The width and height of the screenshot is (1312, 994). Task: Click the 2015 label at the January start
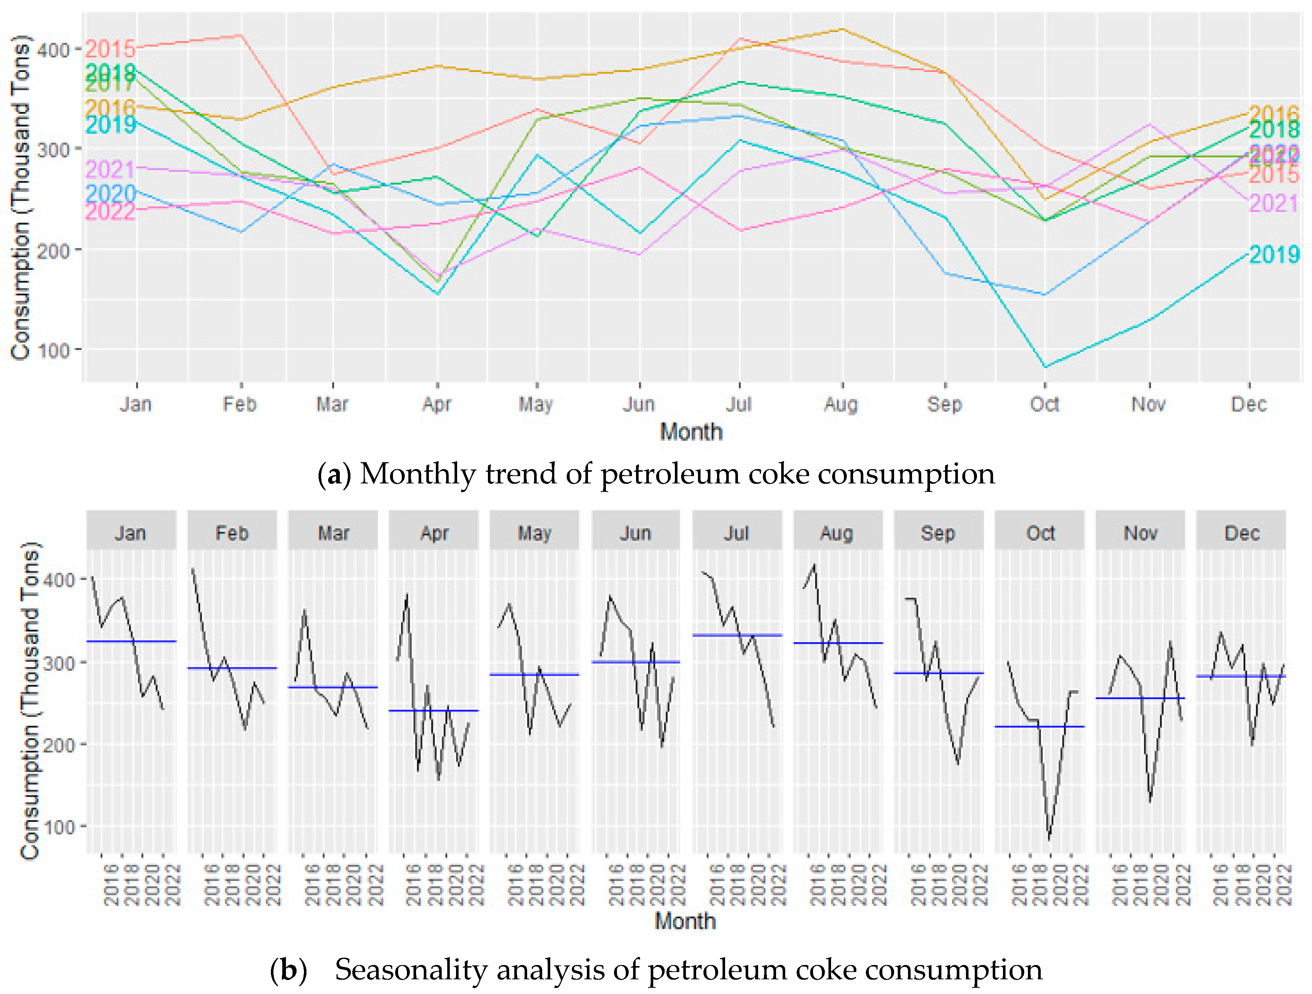pyautogui.click(x=110, y=49)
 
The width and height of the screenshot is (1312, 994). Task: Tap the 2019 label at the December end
pyautogui.click(x=1274, y=255)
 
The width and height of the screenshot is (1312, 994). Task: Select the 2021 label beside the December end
pyautogui.click(x=1274, y=204)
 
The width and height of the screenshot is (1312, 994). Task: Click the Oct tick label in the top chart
pyautogui.click(x=1044, y=405)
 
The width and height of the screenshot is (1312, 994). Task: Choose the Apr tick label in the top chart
pyautogui.click(x=437, y=405)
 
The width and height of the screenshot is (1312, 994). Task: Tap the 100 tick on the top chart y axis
pyautogui.click(x=54, y=350)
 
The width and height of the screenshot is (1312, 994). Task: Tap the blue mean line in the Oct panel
pyautogui.click(x=1040, y=726)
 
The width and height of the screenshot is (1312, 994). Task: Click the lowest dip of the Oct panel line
pyautogui.click(x=1049, y=839)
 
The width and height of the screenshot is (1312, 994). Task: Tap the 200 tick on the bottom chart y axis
pyautogui.click(x=59, y=745)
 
